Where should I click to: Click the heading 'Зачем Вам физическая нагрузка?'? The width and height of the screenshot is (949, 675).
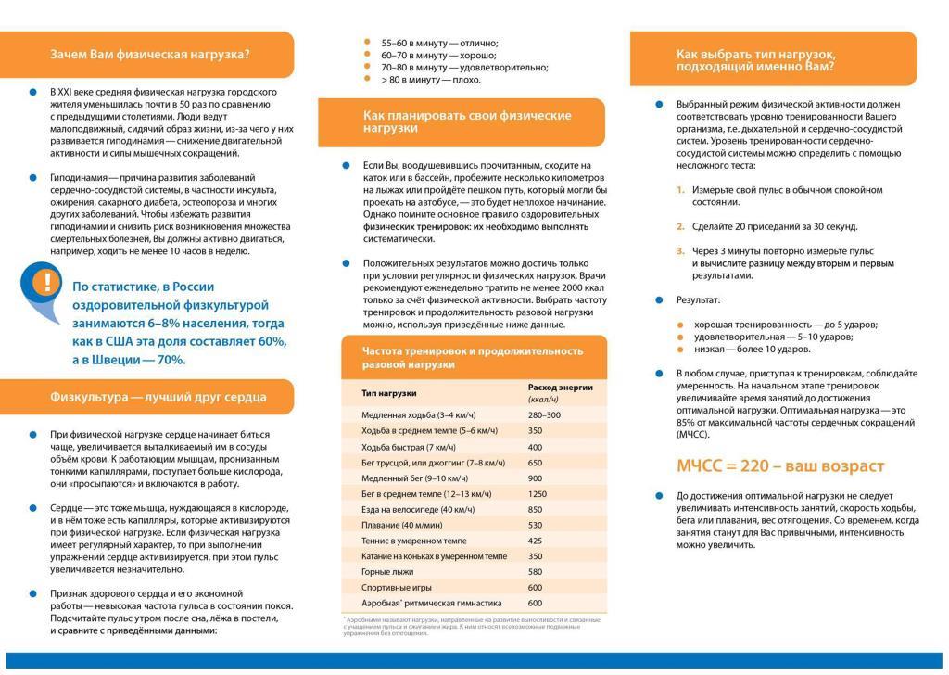pyautogui.click(x=150, y=54)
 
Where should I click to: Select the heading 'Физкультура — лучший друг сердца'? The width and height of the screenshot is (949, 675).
pyautogui.click(x=158, y=397)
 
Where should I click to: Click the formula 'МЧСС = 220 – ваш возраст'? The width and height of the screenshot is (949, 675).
pyautogui.click(x=780, y=465)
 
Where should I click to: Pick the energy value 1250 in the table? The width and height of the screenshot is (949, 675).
pyautogui.click(x=538, y=493)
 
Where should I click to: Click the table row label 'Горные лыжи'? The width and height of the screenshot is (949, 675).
pyautogui.click(x=387, y=571)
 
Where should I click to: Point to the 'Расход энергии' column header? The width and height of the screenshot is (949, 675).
pyautogui.click(x=560, y=388)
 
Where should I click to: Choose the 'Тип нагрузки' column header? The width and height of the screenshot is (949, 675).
pyautogui.click(x=388, y=393)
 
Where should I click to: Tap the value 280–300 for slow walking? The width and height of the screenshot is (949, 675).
pyautogui.click(x=544, y=414)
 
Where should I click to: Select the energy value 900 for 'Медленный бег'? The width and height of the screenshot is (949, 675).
pyautogui.click(x=535, y=478)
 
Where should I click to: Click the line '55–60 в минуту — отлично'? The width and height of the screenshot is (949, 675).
pyautogui.click(x=439, y=43)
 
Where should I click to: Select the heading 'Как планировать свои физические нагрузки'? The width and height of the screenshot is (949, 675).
pyautogui.click(x=467, y=121)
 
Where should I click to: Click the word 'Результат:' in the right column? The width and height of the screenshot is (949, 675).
pyautogui.click(x=698, y=300)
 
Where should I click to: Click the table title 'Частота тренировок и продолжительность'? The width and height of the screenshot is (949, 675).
pyautogui.click(x=472, y=351)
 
